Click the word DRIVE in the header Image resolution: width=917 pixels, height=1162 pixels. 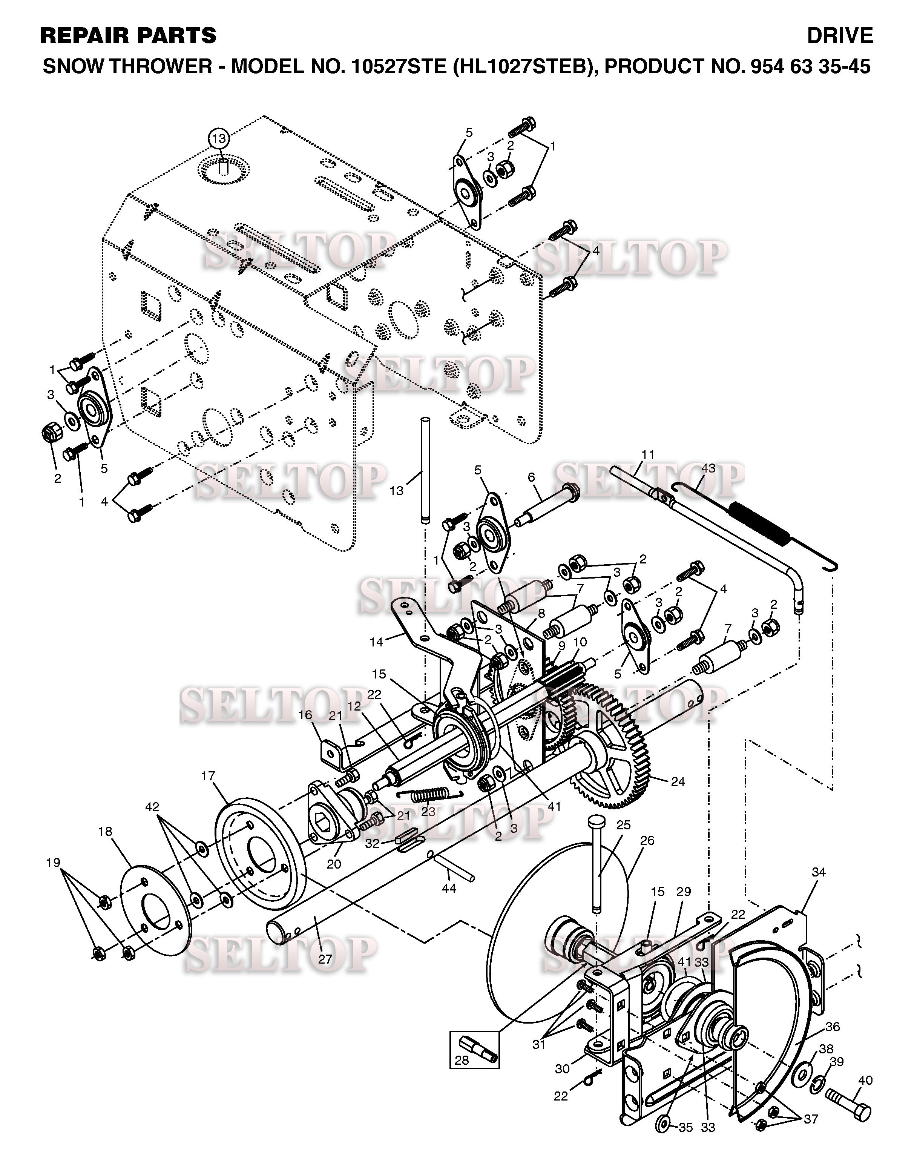click(x=840, y=36)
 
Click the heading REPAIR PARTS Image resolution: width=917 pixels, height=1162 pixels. click(x=128, y=36)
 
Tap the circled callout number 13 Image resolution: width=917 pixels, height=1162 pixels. click(x=219, y=138)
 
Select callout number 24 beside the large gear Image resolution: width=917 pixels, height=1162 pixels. click(x=678, y=782)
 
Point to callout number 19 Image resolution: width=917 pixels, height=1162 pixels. click(x=53, y=863)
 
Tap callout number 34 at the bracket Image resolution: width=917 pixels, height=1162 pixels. click(x=818, y=873)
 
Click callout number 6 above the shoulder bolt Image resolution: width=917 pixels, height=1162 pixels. click(x=532, y=477)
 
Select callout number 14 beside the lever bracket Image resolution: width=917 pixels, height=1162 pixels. click(x=377, y=642)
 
